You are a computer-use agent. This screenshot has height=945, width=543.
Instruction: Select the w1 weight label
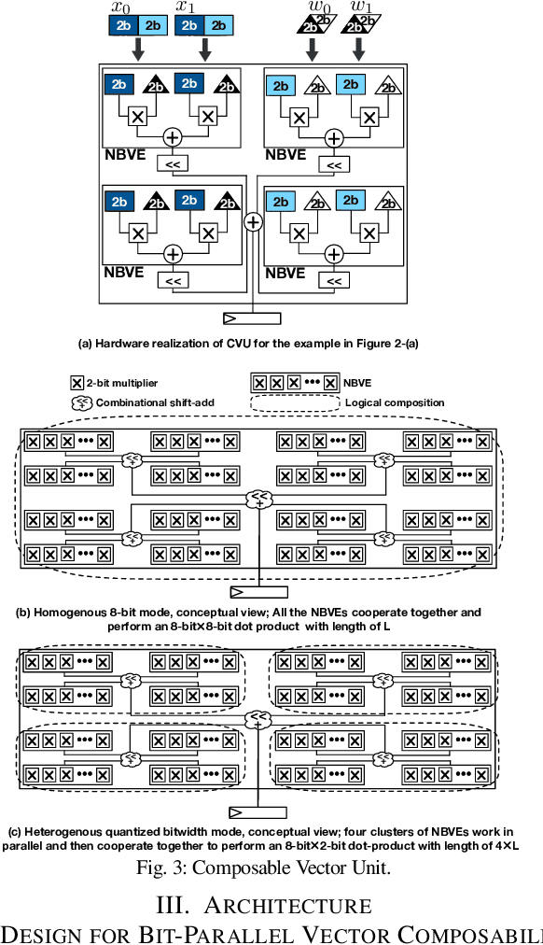361,9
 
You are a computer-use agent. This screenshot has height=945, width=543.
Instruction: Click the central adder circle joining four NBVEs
252,222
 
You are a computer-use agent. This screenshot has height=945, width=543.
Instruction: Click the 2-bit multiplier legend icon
77,383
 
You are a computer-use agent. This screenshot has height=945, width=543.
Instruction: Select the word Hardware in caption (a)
125,343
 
